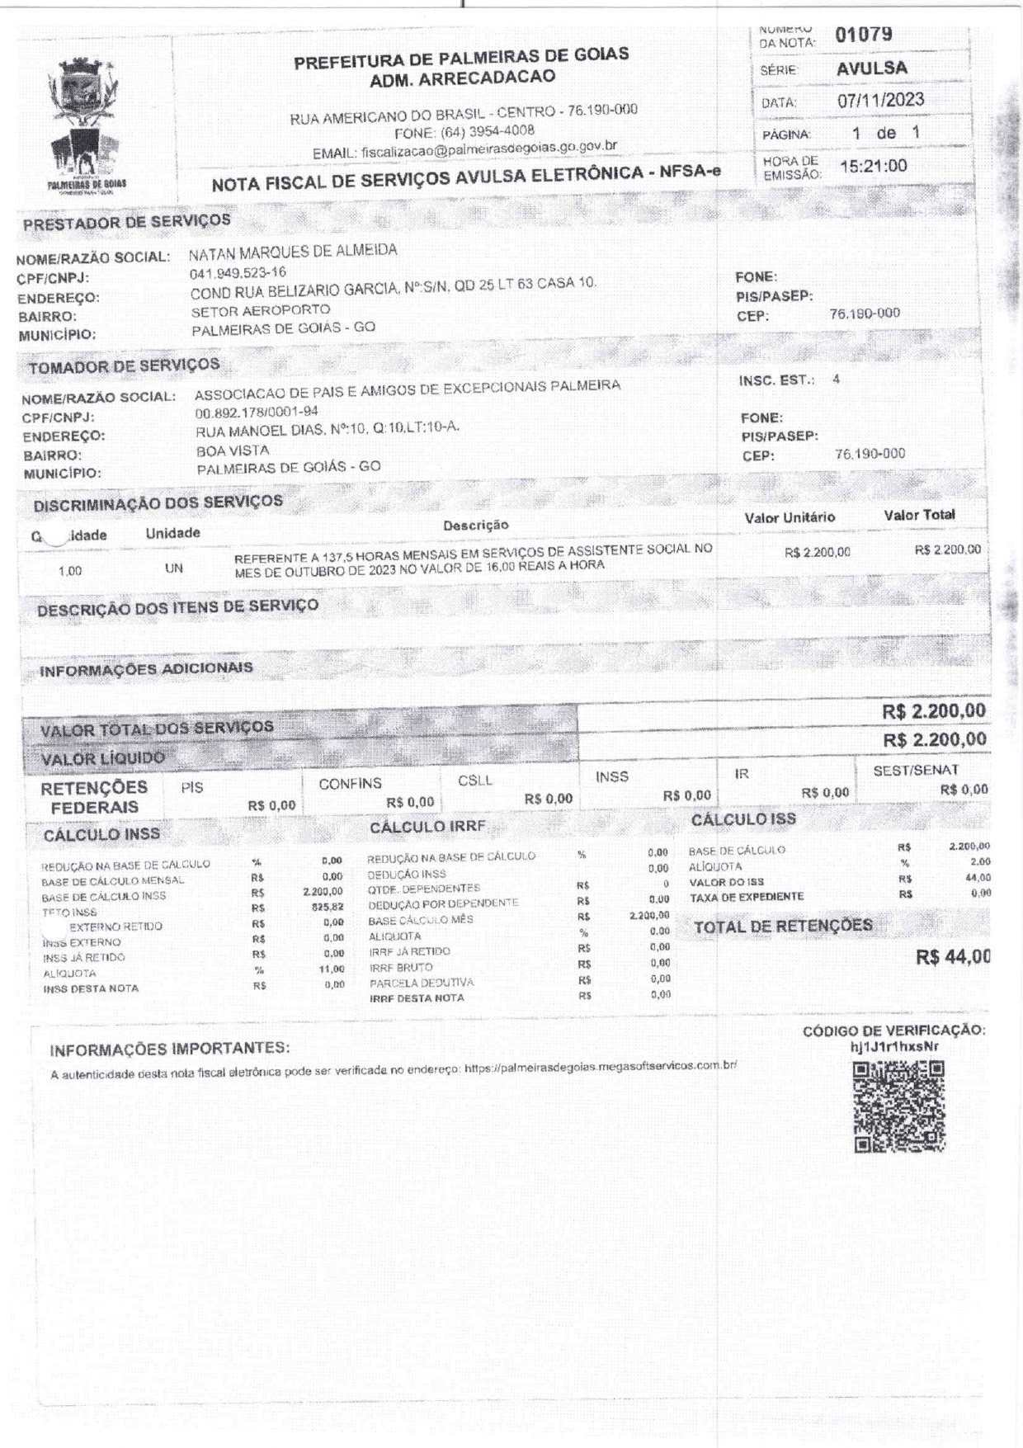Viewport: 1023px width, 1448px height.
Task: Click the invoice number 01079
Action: [x=863, y=35]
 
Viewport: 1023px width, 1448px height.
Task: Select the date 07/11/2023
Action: [x=880, y=101]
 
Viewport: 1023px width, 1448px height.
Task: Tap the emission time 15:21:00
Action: [x=873, y=166]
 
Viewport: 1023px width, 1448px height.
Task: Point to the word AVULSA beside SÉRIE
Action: [x=871, y=68]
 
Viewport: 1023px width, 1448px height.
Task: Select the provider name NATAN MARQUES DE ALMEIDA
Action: [x=293, y=251]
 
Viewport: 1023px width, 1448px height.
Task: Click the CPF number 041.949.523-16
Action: [x=238, y=273]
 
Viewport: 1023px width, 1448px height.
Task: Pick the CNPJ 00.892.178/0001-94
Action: [x=256, y=412]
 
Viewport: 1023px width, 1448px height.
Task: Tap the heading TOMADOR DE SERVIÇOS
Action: [x=124, y=366]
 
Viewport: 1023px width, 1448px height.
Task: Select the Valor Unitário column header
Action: [x=790, y=517]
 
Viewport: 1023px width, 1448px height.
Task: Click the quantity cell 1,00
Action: [x=70, y=571]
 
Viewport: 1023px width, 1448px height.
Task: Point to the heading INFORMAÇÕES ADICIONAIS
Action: [x=146, y=669]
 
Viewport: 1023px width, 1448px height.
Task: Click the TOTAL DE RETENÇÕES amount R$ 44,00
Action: [x=953, y=957]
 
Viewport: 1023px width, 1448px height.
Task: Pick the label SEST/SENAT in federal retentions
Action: [x=916, y=770]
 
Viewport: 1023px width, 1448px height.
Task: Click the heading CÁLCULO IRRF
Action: [x=427, y=827]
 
